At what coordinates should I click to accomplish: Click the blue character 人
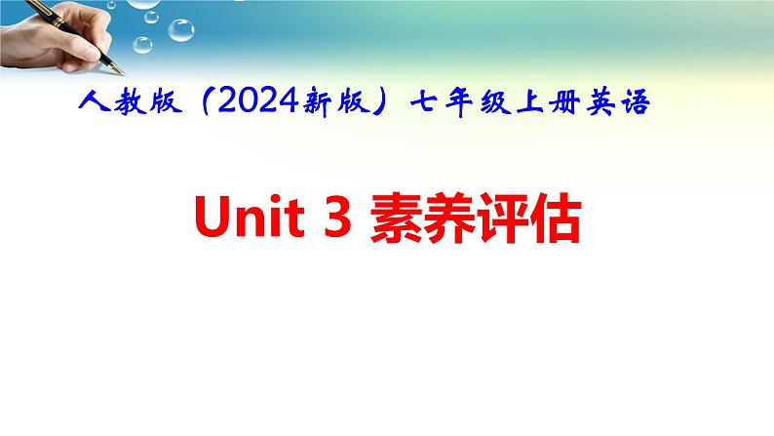coord(95,102)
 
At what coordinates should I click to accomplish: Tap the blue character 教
coord(131,102)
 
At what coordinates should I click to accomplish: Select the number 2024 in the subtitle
coord(257,101)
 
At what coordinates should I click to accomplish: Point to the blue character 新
coord(318,102)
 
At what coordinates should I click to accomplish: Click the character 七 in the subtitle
coord(425,102)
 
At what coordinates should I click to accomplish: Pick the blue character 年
coord(459,103)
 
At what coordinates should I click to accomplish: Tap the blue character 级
coord(495,102)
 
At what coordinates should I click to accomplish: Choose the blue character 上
coord(529,102)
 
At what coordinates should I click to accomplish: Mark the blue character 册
coord(565,102)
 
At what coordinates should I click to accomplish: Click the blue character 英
coord(600,102)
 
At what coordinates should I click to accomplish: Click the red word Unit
coord(250,218)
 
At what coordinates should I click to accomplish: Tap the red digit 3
coord(337,218)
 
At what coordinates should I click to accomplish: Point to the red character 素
coord(397,218)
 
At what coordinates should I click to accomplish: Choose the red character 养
coord(448,218)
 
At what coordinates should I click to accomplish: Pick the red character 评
coord(501,218)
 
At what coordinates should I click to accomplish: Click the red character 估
coord(555,218)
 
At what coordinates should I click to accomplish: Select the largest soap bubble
coord(181,30)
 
